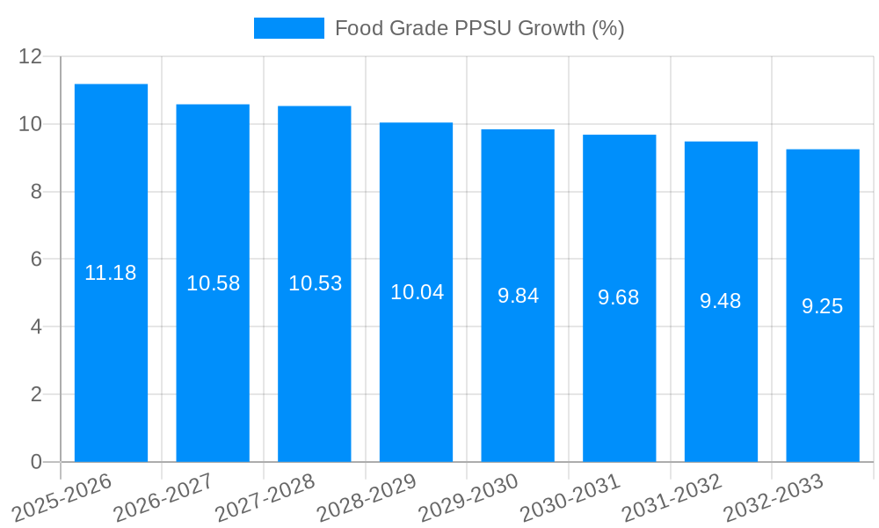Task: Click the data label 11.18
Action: pos(111,273)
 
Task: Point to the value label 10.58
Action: pos(213,283)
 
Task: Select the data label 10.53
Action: pos(315,283)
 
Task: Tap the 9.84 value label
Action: pos(518,296)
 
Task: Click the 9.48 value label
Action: pos(721,301)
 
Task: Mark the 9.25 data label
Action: pos(823,306)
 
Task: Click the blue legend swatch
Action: pos(288,28)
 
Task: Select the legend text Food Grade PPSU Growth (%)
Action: pos(479,28)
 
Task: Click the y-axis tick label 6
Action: pos(36,259)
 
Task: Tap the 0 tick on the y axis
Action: pos(36,462)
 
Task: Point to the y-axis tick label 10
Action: pos(31,124)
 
